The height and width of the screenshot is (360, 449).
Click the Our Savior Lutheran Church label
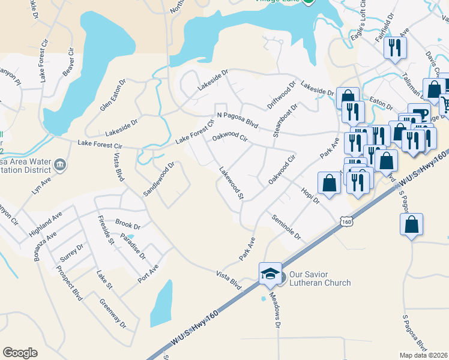tap(319, 278)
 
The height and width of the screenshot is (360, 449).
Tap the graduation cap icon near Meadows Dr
tap(270, 274)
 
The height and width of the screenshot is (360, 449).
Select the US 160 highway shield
tap(346, 222)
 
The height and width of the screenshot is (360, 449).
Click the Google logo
tap(20, 353)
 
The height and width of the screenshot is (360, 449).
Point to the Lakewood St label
tap(232, 183)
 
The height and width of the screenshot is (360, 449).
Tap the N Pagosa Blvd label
tap(237, 119)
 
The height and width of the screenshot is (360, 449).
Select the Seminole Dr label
tap(286, 226)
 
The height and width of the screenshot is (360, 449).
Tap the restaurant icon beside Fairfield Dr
tap(395, 48)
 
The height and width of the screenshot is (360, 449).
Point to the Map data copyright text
tap(423, 355)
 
